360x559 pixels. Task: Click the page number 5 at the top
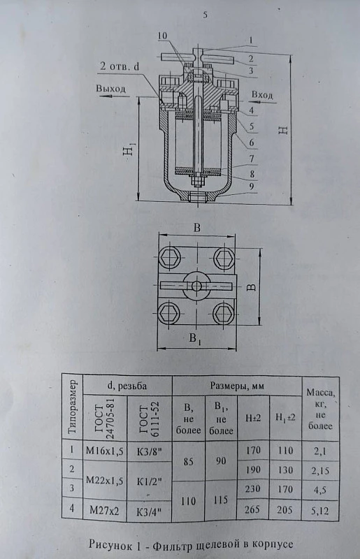[205, 15]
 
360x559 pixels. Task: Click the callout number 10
[161, 36]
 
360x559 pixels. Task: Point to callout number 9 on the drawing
[252, 186]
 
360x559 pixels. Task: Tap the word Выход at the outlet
[110, 89]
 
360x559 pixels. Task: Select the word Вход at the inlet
[262, 95]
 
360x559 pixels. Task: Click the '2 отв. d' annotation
[120, 67]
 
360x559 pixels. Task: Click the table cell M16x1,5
[105, 451]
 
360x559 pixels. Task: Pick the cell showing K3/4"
[149, 511]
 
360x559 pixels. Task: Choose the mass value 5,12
[319, 511]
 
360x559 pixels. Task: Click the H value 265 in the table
[252, 509]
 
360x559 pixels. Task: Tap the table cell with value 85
[188, 461]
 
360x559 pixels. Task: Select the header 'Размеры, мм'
[237, 386]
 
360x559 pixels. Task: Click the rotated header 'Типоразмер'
[73, 407]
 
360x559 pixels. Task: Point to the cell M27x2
[104, 511]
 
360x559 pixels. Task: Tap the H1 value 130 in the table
[285, 470]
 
